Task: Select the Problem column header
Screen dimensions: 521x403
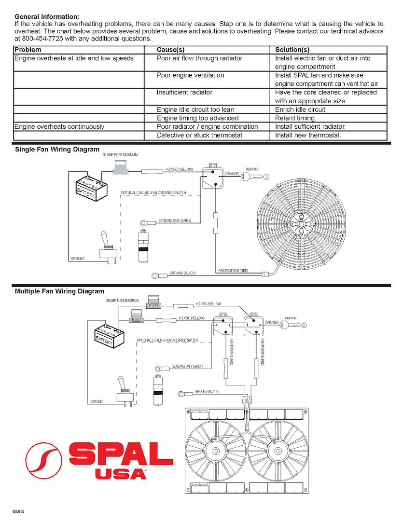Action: tap(28, 50)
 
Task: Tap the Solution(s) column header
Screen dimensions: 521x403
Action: tap(292, 50)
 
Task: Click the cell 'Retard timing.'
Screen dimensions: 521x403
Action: tap(295, 118)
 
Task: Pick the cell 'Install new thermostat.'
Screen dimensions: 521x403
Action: tap(308, 136)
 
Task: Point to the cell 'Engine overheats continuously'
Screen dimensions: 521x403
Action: tap(59, 127)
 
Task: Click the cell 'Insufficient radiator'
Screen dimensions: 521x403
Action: tap(184, 92)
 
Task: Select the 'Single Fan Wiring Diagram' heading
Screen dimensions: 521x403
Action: tap(57, 150)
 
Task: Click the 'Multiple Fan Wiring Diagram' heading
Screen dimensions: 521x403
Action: tap(59, 291)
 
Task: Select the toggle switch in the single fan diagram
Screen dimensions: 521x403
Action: tap(106, 247)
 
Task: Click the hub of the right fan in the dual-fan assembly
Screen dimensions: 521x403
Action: tap(278, 451)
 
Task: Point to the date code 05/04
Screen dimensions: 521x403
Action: tap(18, 511)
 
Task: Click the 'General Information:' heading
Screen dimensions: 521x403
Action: tap(47, 16)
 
